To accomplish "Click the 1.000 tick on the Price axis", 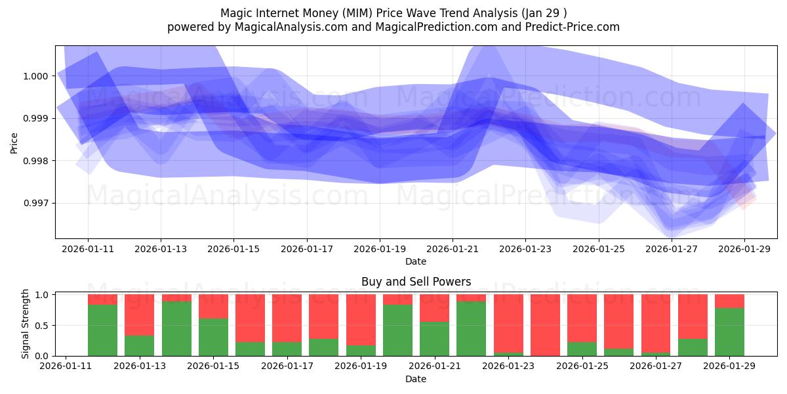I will click(35, 76).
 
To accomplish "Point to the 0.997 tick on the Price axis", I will click(35, 203).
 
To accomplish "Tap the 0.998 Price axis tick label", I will click(35, 161).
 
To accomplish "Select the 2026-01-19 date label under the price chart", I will click(379, 250).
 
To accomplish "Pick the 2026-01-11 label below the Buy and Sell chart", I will click(66, 366).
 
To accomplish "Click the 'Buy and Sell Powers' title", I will click(416, 282).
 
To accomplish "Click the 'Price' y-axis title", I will click(14, 142).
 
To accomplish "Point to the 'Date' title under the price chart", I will click(416, 261).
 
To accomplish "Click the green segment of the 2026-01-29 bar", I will click(729, 332).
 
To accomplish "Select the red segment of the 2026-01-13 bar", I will click(139, 315).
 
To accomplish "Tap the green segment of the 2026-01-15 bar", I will click(213, 337).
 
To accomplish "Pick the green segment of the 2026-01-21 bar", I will click(434, 339).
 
